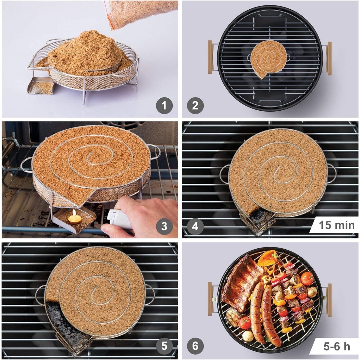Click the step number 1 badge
[x=164, y=106]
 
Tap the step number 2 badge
[x=195, y=106]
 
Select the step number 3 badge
[x=164, y=226]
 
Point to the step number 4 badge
[x=195, y=226]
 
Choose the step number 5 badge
[x=164, y=346]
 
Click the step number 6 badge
[x=195, y=346]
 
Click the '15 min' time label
[x=337, y=225]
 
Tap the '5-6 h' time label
[x=337, y=346]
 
